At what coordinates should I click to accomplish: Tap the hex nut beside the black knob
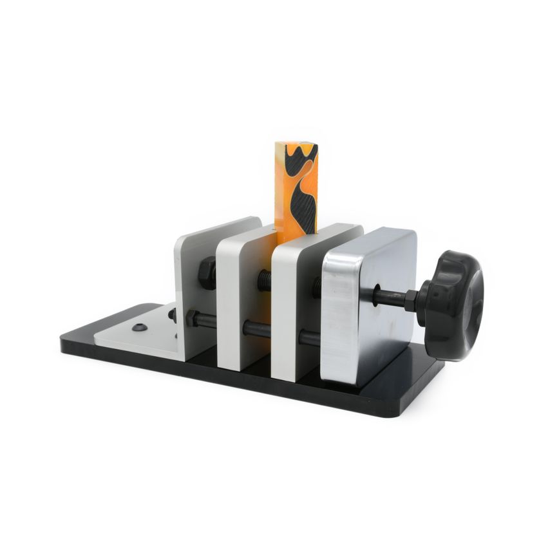[410, 299]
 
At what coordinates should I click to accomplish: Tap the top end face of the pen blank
[296, 147]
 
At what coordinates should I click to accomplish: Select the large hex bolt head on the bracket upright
[207, 273]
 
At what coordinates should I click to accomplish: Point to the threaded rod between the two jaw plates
[265, 281]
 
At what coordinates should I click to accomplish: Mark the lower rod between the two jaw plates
[256, 328]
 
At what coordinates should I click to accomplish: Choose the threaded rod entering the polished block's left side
[317, 287]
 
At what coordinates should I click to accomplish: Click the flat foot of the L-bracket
[138, 332]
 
